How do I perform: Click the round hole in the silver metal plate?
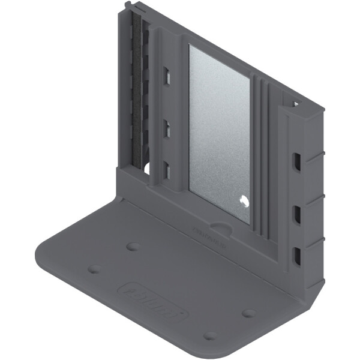(243, 201)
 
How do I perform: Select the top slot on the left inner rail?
(167, 76)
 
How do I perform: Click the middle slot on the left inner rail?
(167, 128)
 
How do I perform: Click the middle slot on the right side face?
(296, 214)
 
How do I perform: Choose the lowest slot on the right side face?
(296, 256)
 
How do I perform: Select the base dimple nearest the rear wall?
(133, 247)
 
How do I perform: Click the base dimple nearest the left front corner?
(94, 269)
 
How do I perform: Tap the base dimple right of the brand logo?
(248, 313)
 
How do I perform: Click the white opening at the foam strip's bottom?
(146, 169)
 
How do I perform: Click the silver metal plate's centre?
(219, 132)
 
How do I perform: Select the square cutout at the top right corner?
(296, 103)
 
